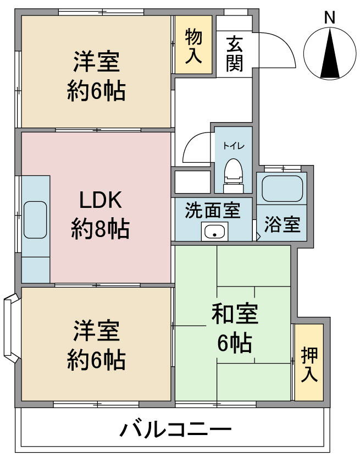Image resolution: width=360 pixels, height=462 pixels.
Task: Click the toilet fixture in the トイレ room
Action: click(x=234, y=176)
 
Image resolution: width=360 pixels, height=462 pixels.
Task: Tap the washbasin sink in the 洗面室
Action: click(x=214, y=232)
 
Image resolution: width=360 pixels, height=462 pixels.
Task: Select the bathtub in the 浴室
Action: click(x=282, y=189)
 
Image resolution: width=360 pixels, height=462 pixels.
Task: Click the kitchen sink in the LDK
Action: click(x=35, y=220)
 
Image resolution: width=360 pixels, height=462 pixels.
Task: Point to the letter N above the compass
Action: click(x=330, y=18)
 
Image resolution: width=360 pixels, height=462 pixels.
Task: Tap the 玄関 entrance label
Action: click(x=235, y=54)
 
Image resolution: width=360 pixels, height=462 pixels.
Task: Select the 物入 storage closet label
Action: click(x=193, y=46)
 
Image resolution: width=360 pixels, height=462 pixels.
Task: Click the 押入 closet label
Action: click(x=309, y=364)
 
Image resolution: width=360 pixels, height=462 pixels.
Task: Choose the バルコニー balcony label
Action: click(x=175, y=430)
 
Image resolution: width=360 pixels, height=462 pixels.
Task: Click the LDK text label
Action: click(x=101, y=200)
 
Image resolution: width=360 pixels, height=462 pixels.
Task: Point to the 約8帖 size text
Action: click(x=100, y=228)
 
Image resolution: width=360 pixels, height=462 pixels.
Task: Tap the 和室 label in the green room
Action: click(x=235, y=313)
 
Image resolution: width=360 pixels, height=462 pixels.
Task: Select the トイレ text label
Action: click(x=234, y=146)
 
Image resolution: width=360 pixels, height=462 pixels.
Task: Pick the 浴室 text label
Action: click(x=282, y=224)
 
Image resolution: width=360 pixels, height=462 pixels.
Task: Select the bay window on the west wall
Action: click(x=11, y=328)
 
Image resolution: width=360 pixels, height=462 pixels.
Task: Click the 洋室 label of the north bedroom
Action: click(x=97, y=62)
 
